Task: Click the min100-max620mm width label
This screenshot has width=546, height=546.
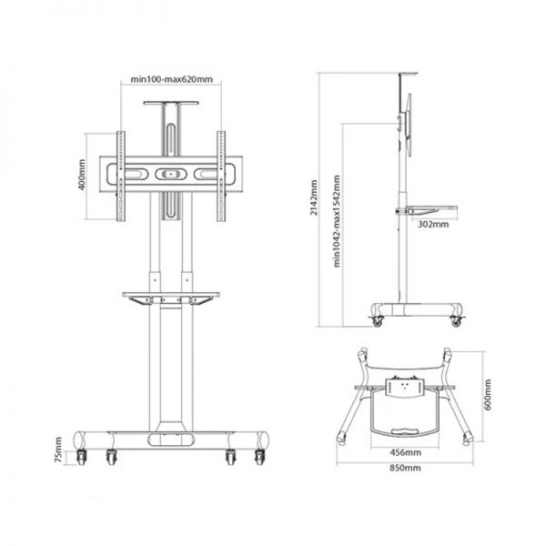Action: [171, 79]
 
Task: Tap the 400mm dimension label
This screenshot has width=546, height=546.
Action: [82, 175]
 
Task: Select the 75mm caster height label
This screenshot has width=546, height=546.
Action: [58, 450]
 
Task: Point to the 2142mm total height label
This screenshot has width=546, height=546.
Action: [314, 197]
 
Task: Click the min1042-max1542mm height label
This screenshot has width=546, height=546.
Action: [337, 221]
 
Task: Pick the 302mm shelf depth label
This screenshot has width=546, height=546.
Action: [433, 224]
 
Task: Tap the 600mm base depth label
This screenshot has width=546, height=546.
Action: [488, 395]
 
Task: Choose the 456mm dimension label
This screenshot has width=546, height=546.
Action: [405, 452]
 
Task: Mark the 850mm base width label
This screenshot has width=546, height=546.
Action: [405, 468]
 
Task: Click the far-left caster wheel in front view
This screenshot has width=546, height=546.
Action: [81, 457]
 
